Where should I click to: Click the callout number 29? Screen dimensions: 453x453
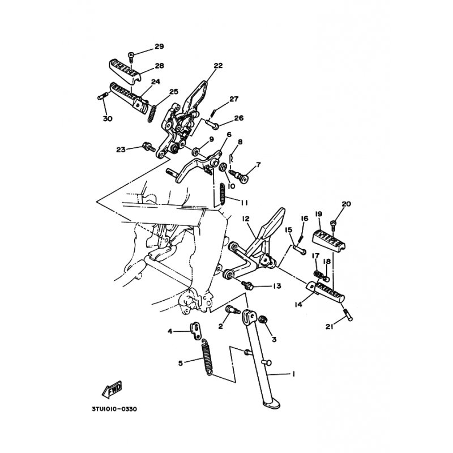click(159, 46)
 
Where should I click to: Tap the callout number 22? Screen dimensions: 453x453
click(218, 66)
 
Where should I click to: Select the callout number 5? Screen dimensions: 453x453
click(181, 363)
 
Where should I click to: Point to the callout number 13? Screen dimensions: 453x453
click(277, 286)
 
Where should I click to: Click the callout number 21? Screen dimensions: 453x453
click(330, 327)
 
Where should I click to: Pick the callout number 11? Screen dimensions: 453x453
click(245, 203)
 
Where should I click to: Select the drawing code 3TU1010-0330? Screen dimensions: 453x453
click(114, 409)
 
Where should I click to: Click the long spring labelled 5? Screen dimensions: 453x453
click(207, 357)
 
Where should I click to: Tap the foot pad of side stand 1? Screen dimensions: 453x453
click(271, 404)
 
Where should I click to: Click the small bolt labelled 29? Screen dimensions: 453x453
click(131, 57)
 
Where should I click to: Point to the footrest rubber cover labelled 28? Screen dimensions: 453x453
click(125, 71)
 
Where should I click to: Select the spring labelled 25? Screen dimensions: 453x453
click(152, 114)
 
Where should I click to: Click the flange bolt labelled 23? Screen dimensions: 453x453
click(148, 147)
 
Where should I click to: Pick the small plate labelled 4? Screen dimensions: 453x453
click(195, 330)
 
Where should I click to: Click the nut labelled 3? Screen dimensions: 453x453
click(263, 320)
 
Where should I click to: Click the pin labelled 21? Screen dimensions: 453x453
click(348, 315)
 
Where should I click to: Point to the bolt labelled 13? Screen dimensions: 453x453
click(247, 285)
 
